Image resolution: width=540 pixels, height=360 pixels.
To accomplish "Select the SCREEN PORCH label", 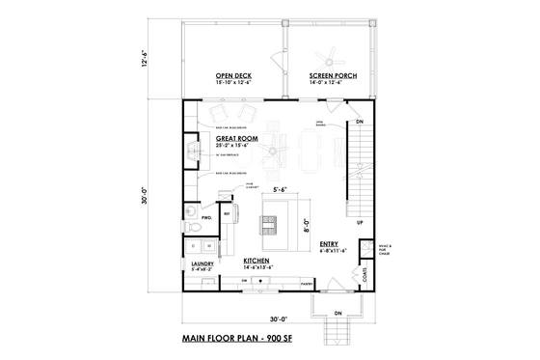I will [x=330, y=75].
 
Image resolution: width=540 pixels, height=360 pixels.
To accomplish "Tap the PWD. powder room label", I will [x=205, y=218].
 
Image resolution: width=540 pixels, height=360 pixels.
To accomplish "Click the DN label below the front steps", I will [x=337, y=314].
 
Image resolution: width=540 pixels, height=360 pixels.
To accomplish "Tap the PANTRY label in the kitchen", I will [x=305, y=284].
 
